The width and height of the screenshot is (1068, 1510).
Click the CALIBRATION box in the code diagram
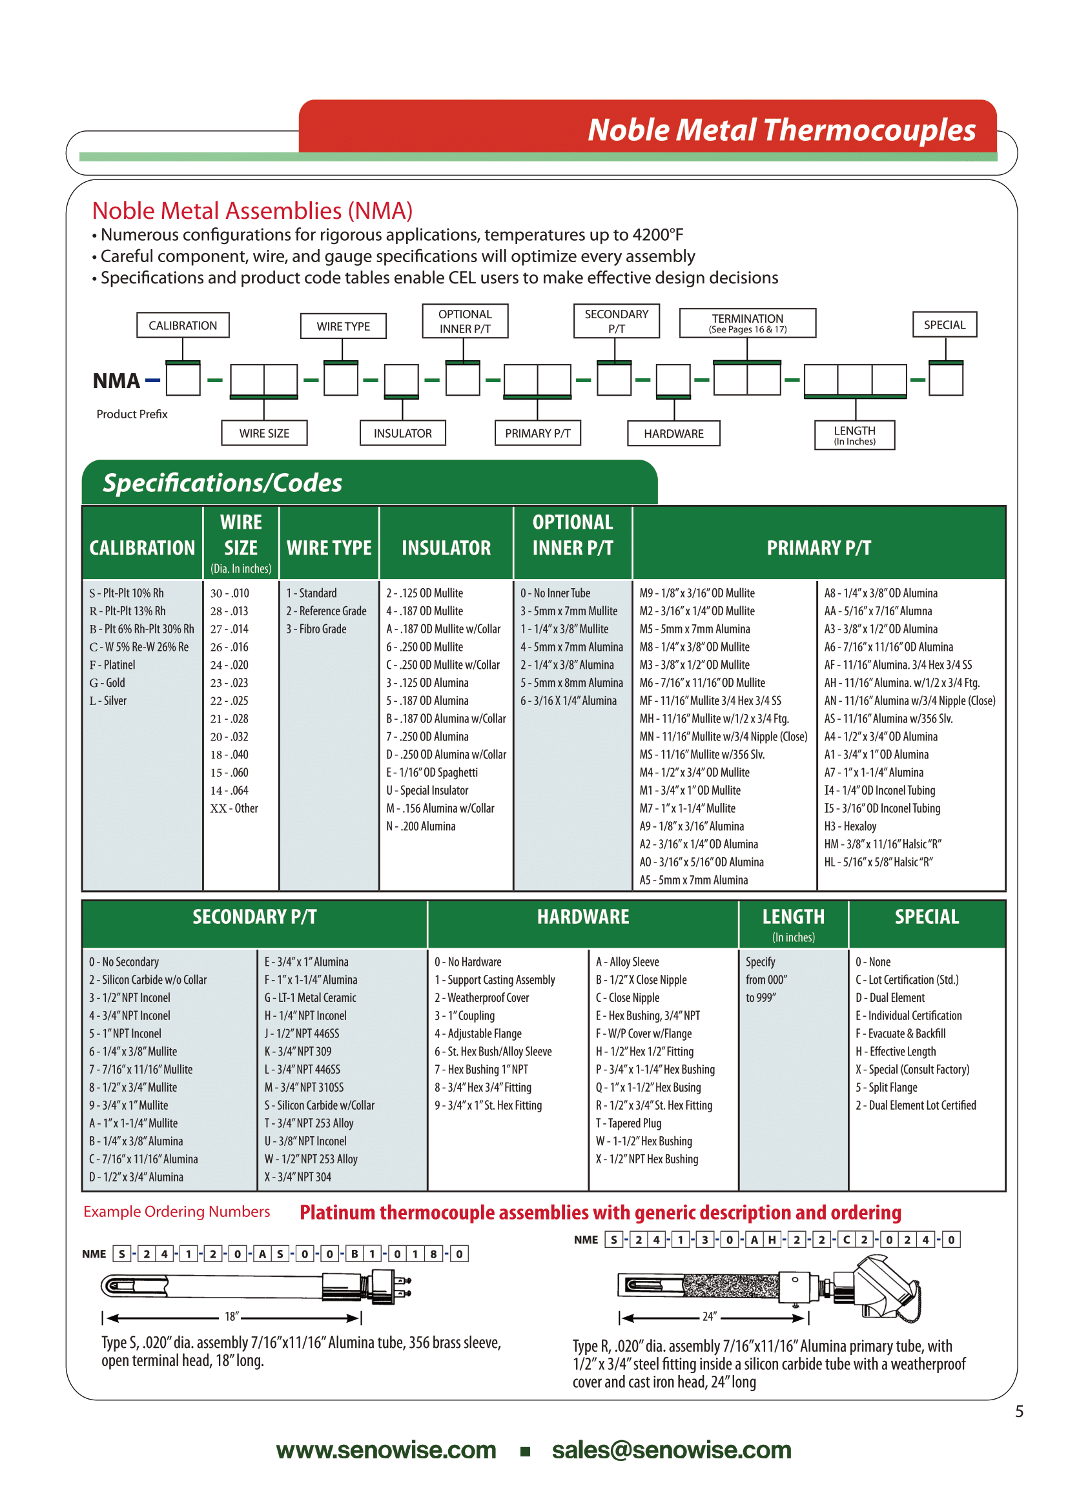click(183, 325)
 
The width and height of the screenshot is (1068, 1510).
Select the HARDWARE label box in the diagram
click(673, 434)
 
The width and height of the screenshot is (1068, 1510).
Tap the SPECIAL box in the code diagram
click(945, 325)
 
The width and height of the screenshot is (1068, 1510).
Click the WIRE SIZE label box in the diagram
click(263, 433)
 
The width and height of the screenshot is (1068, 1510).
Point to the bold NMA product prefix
click(116, 381)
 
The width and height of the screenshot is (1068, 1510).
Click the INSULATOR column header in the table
click(446, 548)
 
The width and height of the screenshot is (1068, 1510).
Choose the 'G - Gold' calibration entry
click(107, 683)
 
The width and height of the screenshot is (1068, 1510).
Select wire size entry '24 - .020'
click(229, 666)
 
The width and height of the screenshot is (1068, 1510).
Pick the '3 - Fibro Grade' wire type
click(316, 629)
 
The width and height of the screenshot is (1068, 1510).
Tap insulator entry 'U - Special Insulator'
click(427, 791)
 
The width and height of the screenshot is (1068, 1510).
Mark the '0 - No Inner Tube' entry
click(556, 593)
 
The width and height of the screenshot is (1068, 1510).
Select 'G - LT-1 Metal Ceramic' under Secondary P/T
click(311, 997)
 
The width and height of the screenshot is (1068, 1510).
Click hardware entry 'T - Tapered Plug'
click(629, 1123)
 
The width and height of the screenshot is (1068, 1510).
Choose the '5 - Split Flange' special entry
click(887, 1088)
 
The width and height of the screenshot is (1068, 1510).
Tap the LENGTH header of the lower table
click(793, 917)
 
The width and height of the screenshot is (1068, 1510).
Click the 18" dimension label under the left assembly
click(232, 1316)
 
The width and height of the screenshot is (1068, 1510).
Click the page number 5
click(1019, 1411)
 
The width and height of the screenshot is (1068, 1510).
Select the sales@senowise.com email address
click(672, 1450)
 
